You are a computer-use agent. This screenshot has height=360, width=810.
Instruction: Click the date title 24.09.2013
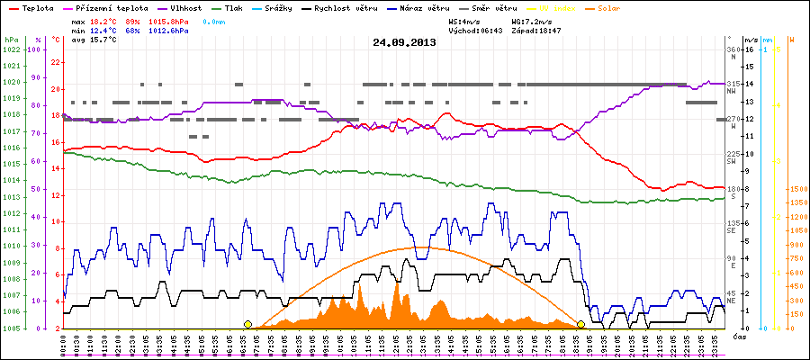404,42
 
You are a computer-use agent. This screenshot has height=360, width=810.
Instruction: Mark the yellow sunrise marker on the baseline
247,324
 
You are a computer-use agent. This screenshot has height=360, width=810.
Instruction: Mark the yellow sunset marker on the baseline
581,324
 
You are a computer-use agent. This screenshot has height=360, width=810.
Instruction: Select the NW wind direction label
732,91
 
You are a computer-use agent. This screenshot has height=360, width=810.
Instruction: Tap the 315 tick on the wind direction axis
732,83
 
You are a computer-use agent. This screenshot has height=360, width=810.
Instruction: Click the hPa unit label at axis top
11,40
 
